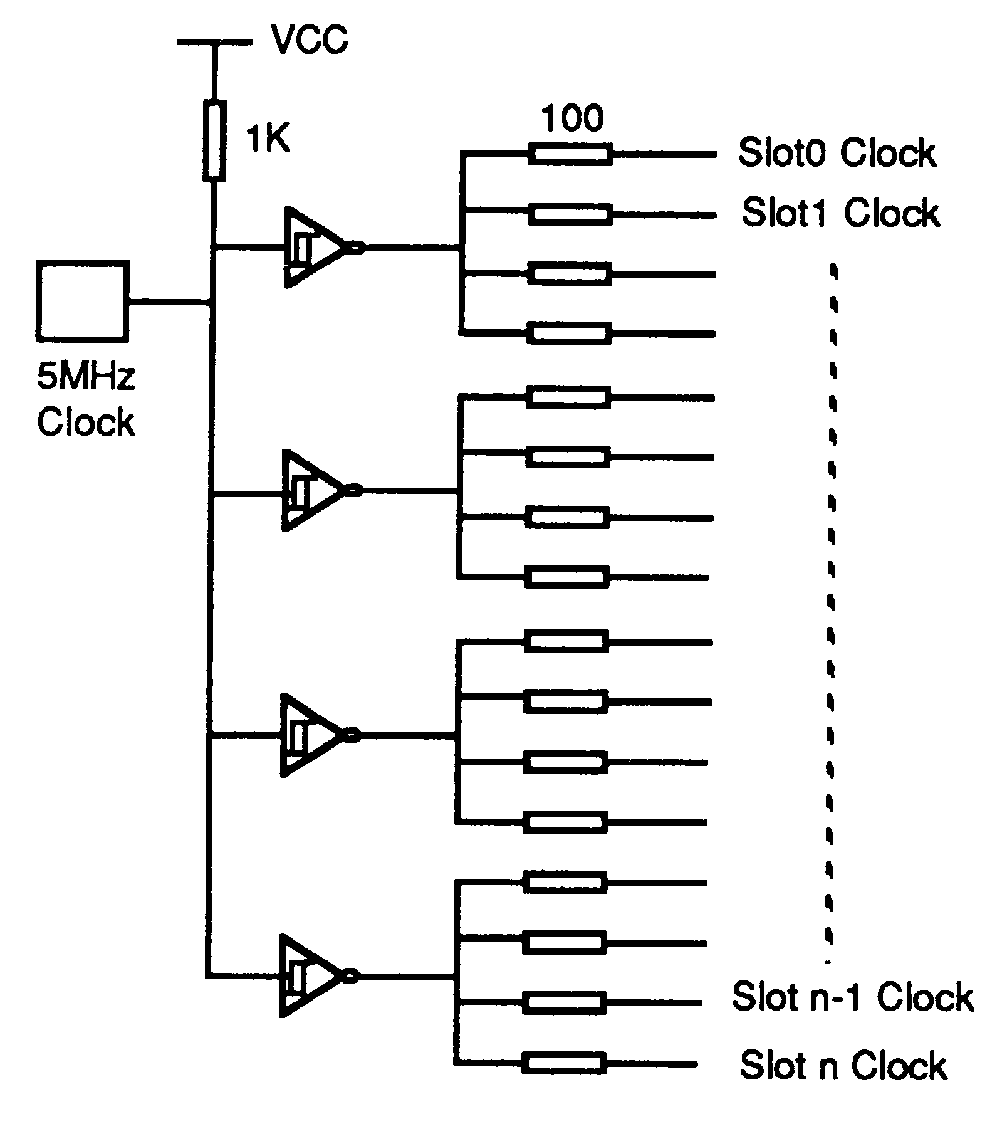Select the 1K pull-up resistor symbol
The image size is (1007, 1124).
click(x=214, y=142)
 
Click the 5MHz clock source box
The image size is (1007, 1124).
click(x=83, y=302)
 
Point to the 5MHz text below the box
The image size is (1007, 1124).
click(x=86, y=377)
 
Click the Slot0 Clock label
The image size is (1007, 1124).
click(x=837, y=153)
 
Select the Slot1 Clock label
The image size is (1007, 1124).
click(x=840, y=213)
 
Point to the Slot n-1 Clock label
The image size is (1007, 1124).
click(x=852, y=997)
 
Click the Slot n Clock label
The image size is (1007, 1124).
click(x=843, y=1065)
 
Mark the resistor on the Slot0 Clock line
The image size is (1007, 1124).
click(x=570, y=154)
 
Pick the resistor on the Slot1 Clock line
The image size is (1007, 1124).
click(x=570, y=214)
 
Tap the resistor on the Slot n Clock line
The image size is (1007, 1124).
click(x=563, y=1063)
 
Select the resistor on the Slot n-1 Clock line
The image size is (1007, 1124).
click(x=565, y=1003)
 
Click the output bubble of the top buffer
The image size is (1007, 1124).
click(x=355, y=248)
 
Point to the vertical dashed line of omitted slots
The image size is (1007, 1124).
click(x=832, y=614)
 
